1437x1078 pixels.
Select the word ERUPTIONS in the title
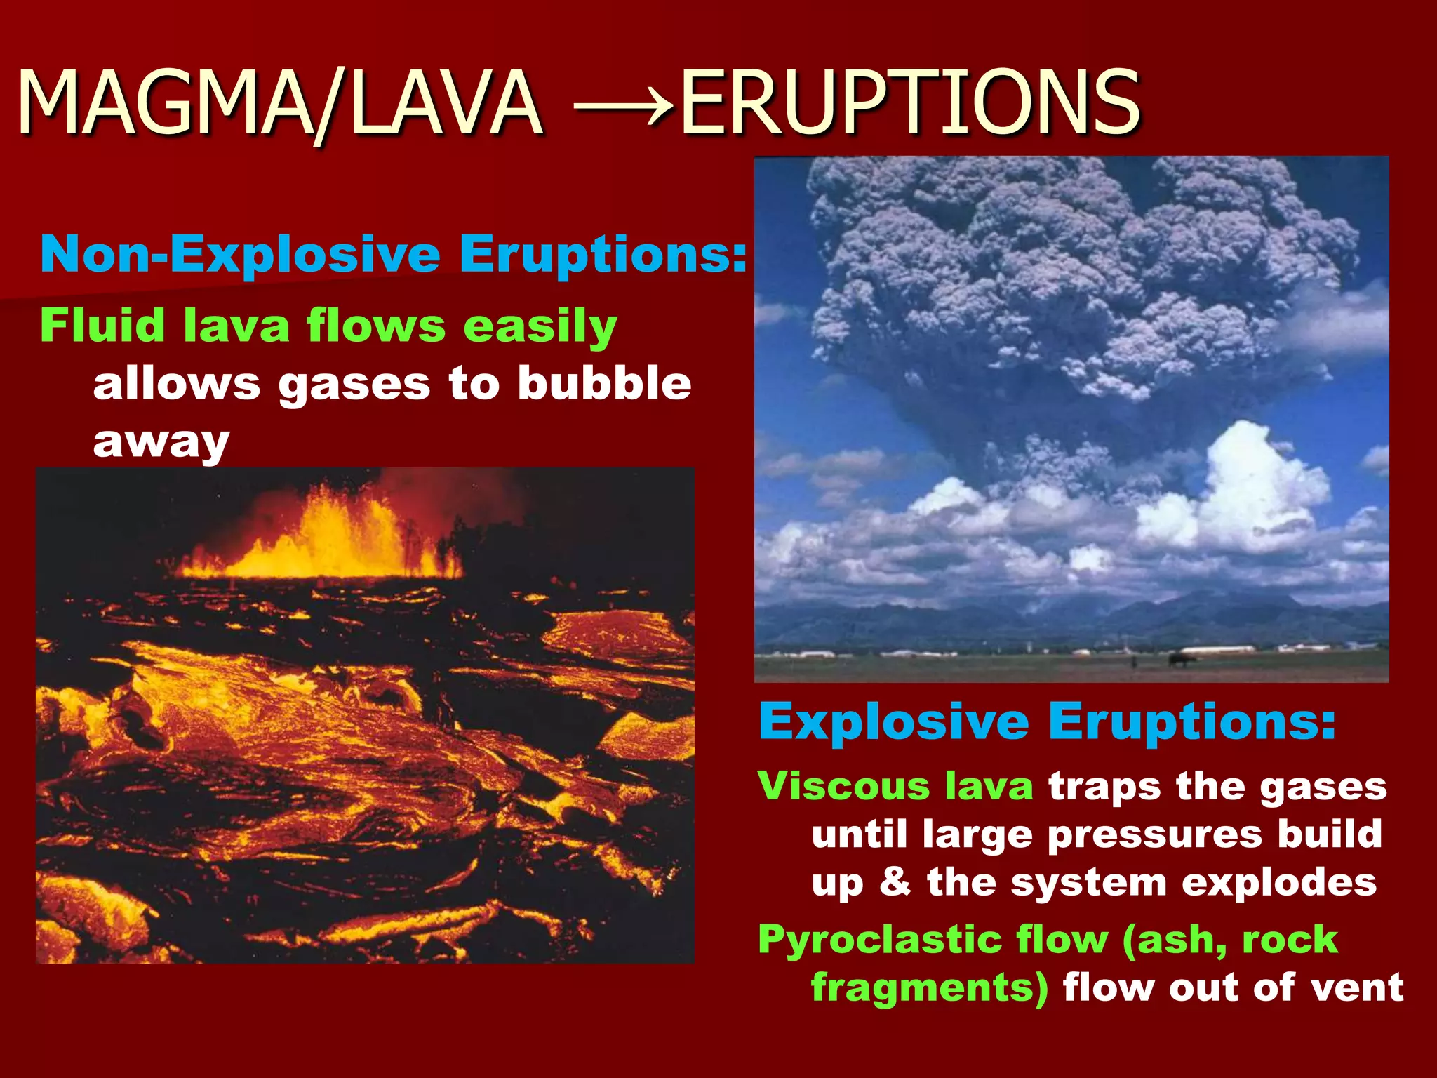(x=909, y=104)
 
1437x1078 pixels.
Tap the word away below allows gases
(x=161, y=443)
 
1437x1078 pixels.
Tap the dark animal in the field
(x=1181, y=659)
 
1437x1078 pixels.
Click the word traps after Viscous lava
(x=1102, y=787)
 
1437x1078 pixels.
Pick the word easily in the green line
(x=540, y=327)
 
